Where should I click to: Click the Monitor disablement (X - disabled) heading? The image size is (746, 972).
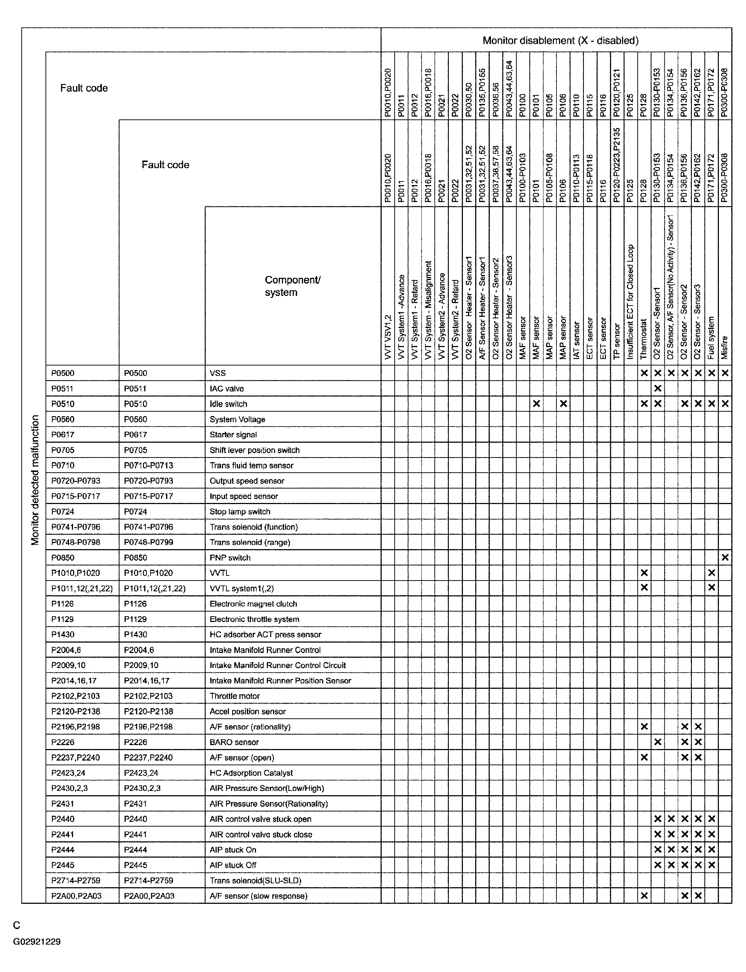tap(560, 41)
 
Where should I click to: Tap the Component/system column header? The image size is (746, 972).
tap(292, 286)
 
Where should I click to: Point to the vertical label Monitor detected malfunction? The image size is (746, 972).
tap(35, 480)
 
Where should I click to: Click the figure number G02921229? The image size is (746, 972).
tap(37, 941)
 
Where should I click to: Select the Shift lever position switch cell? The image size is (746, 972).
tap(255, 450)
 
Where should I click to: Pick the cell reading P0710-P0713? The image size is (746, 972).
tap(148, 465)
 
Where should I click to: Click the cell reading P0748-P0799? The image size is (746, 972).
tap(148, 542)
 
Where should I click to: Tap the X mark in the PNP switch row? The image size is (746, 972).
tap(725, 558)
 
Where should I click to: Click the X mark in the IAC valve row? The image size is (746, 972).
tap(658, 389)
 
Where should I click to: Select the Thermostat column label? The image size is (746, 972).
tap(644, 339)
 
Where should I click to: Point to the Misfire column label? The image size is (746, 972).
tap(725, 347)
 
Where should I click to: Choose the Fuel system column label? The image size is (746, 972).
tap(711, 338)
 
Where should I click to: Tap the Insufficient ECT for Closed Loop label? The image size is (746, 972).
tap(630, 302)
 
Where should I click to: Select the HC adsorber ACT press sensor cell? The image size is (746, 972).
tap(265, 634)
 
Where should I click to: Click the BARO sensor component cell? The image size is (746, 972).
tap(234, 742)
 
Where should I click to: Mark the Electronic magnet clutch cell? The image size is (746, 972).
tap(253, 604)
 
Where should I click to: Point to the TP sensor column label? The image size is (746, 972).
tap(617, 341)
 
